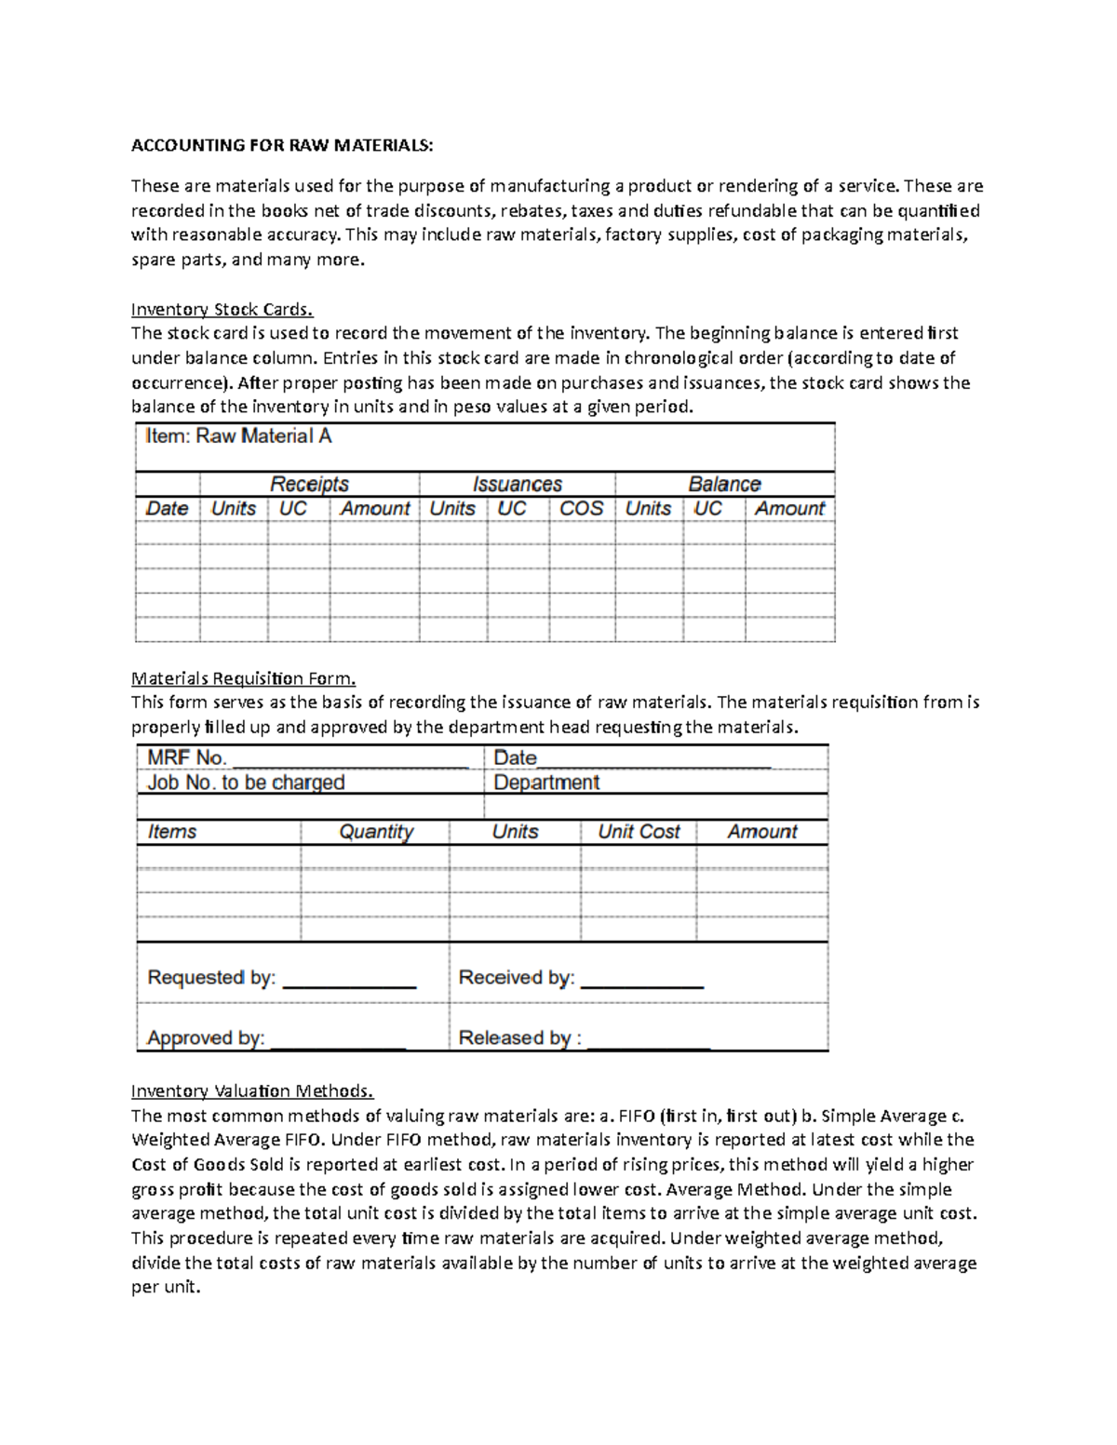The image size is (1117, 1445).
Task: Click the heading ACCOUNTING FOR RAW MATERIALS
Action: tap(282, 145)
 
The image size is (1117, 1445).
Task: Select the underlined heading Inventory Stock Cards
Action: tap(222, 309)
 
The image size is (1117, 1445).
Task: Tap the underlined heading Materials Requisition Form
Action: tap(243, 678)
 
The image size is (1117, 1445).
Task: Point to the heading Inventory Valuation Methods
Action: tap(251, 1090)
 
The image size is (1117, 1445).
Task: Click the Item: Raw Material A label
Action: tap(238, 436)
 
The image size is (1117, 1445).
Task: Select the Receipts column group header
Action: tap(309, 484)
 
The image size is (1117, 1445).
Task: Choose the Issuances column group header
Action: tap(517, 484)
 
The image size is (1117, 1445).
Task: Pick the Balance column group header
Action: tap(724, 484)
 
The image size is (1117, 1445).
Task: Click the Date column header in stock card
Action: tap(167, 509)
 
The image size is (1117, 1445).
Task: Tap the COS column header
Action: tap(581, 509)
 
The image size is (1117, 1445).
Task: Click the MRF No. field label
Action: tap(187, 758)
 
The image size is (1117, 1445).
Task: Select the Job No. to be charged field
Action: tap(246, 783)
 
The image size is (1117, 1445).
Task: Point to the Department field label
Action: tap(546, 783)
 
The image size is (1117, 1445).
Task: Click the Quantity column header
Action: tap(376, 832)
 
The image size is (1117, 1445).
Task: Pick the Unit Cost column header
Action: tap(639, 832)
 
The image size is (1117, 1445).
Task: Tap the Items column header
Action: tap(172, 832)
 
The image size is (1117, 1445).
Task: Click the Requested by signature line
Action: tap(348, 981)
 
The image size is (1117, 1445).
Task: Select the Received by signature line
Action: tap(641, 981)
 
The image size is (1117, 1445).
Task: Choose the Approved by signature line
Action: tap(337, 1041)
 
